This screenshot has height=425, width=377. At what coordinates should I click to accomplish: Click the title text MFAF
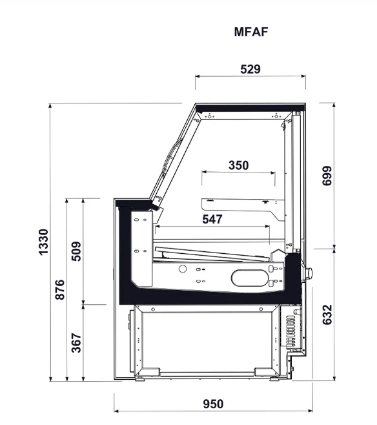click(251, 32)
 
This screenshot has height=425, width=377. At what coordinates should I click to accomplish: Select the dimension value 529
click(250, 69)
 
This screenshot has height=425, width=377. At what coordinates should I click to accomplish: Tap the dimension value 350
click(239, 165)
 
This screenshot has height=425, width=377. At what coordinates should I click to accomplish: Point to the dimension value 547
click(212, 219)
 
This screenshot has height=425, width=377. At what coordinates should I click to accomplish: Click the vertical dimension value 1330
click(44, 242)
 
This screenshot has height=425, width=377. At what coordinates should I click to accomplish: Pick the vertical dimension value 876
click(60, 290)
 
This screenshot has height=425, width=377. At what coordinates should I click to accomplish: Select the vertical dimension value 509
click(76, 251)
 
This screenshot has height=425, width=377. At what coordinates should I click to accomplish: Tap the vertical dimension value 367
click(76, 343)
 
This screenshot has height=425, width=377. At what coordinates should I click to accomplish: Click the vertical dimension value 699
click(327, 176)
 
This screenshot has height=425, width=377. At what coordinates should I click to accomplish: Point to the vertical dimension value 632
click(327, 315)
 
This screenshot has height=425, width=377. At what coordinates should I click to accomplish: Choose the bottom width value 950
click(214, 404)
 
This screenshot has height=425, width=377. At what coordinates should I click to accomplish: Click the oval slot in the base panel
click(250, 278)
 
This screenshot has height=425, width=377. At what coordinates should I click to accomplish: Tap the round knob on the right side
click(309, 272)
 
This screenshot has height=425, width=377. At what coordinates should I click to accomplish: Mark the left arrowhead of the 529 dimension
click(197, 76)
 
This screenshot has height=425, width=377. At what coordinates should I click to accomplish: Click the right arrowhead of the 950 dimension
click(311, 411)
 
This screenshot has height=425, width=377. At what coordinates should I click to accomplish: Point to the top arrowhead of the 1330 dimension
click(50, 106)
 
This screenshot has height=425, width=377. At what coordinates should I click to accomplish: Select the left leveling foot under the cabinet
click(139, 379)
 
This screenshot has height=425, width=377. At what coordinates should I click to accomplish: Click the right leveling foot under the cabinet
click(274, 379)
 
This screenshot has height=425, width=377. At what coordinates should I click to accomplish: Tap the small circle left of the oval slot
click(183, 269)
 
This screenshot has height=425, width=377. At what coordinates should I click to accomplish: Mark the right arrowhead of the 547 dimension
click(267, 226)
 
